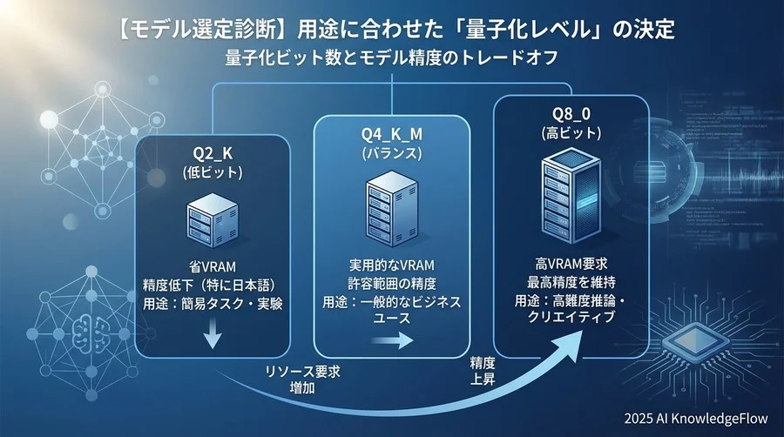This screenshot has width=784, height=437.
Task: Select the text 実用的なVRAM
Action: pyautogui.click(x=385, y=265)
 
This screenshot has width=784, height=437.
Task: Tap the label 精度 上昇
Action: pyautogui.click(x=483, y=368)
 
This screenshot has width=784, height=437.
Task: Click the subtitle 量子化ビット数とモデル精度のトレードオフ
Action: pyautogui.click(x=392, y=61)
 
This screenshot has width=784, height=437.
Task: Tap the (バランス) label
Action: pyautogui.click(x=385, y=152)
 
